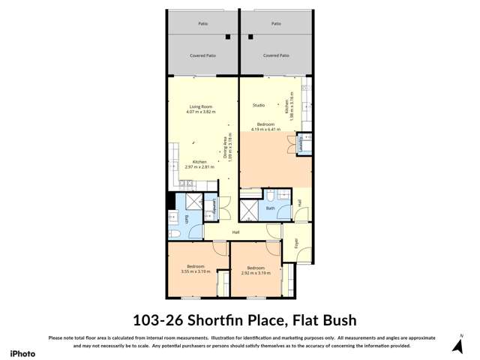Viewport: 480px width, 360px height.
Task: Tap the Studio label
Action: pos(259,105)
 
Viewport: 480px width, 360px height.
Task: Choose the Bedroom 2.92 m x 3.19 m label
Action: pos(256,270)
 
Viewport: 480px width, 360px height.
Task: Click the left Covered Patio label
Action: pos(202,55)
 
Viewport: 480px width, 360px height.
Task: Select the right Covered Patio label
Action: pos(276,55)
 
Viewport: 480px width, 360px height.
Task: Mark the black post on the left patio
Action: pos(227,37)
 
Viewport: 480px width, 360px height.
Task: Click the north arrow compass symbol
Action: pos(457,344)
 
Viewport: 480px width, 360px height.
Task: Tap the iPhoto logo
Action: pos(22,352)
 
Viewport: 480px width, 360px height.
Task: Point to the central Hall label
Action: pos(235,232)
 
